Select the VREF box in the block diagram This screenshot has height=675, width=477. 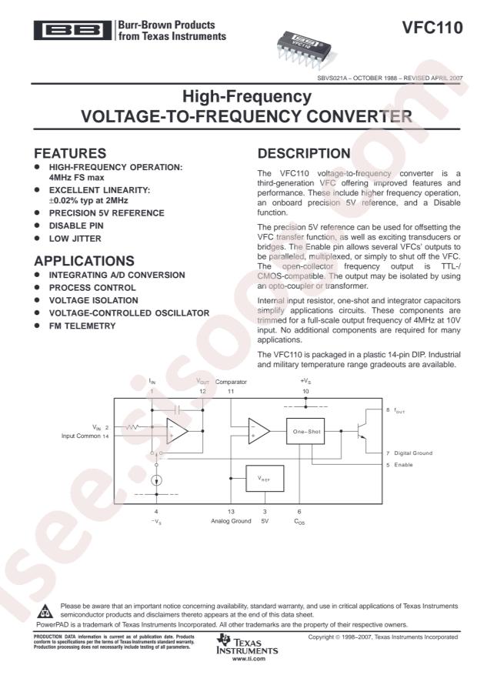[264, 479]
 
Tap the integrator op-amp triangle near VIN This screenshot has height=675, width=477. [178, 431]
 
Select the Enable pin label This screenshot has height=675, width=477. [407, 465]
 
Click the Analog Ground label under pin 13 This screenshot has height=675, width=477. [231, 521]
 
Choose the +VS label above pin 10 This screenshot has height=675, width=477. [305, 381]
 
